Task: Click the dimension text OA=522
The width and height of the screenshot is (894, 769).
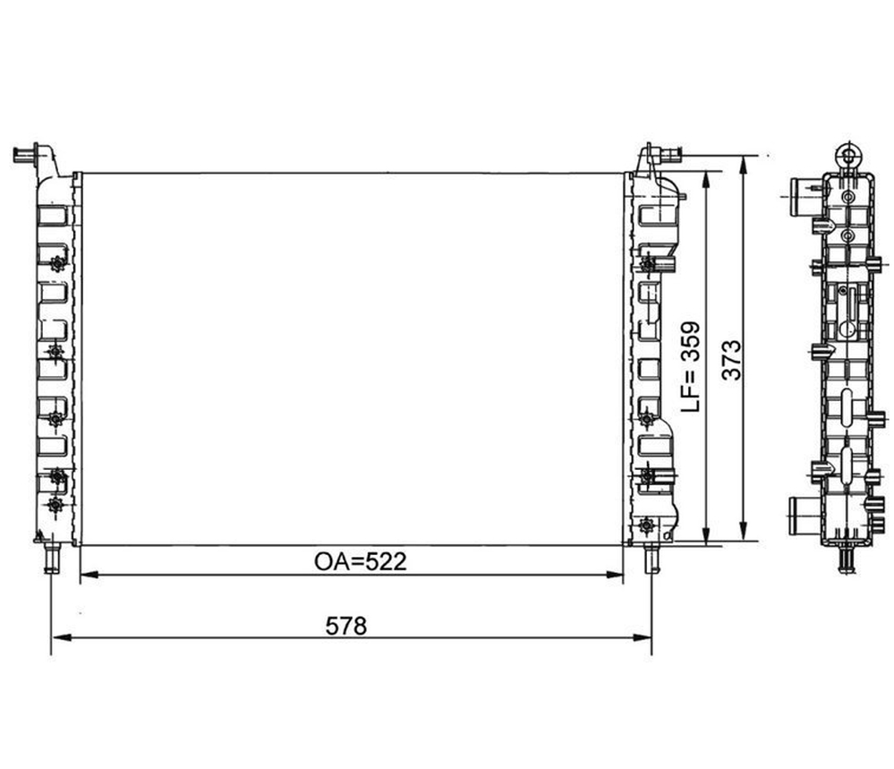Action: coord(361,562)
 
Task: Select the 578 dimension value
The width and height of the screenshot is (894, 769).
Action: coord(346,627)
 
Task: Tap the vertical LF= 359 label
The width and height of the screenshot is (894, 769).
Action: coord(692,366)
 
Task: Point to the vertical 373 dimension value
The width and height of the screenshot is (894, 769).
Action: coord(731,360)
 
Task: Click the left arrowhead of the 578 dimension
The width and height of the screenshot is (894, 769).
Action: coord(61,637)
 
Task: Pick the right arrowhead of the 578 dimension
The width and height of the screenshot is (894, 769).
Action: coord(642,637)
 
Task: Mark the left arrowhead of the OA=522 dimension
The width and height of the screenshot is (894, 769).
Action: coord(90,575)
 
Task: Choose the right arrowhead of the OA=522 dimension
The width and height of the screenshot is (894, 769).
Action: coord(614,575)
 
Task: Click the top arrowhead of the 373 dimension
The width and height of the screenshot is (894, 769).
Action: coord(743,166)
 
